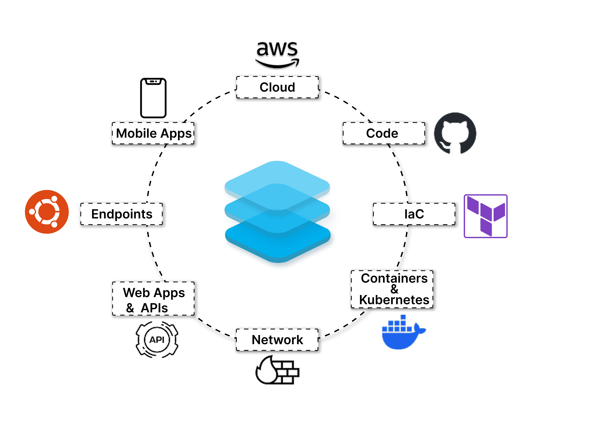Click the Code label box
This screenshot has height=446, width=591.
tap(384, 133)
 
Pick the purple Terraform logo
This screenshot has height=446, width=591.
tap(485, 216)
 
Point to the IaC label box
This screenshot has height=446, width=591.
tap(414, 214)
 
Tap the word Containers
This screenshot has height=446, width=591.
tap(394, 278)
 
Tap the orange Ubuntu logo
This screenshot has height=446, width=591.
tap(47, 212)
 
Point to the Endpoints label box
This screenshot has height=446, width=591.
tap(122, 214)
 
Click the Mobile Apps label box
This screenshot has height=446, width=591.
tap(153, 133)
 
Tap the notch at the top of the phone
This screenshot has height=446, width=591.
tap(153, 81)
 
